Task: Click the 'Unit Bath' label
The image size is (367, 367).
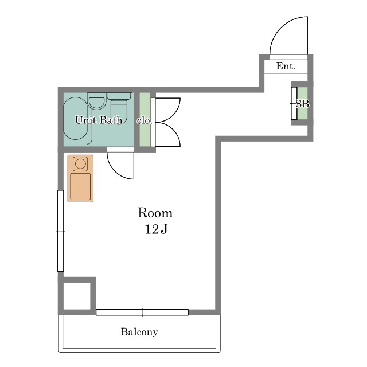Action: pos(99,120)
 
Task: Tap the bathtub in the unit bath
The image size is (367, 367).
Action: pos(75,119)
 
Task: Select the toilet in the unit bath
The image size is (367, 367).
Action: pos(119,108)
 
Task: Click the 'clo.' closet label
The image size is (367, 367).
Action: pos(144,120)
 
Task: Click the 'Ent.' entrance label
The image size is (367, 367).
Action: pos(286,66)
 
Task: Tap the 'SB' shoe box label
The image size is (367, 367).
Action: pos(302,104)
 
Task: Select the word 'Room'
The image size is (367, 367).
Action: pos(155,213)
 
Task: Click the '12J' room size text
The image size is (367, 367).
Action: pos(156,229)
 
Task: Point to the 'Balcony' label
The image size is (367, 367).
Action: pos(139,332)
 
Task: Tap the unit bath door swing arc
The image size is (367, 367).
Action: pos(115,171)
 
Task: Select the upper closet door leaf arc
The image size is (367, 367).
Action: pos(174,110)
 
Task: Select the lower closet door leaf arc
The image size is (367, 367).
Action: pos(174,134)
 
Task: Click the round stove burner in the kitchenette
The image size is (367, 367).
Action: pos(80,163)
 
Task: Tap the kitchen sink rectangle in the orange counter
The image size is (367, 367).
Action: pos(80,187)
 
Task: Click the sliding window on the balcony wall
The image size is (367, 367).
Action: pos(142,312)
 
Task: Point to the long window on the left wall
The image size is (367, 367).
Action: pos(61,231)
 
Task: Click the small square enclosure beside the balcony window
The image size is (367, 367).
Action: pos(77,296)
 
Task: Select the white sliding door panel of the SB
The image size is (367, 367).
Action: pos(294,103)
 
